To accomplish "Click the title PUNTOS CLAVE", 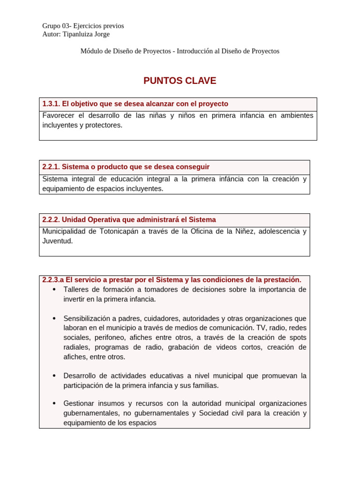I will [x=180, y=81].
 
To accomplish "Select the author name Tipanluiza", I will [x=78, y=34].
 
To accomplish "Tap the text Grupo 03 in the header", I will [x=55, y=26].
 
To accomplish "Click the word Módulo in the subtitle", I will [x=93, y=51].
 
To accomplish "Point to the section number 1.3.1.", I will [x=51, y=104].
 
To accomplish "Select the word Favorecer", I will [x=58, y=115].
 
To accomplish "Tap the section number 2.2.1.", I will [x=51, y=167].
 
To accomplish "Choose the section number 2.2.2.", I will [x=51, y=220].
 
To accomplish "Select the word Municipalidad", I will [x=64, y=231].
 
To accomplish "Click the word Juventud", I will [x=57, y=241].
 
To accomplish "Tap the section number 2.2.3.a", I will [x=53, y=280].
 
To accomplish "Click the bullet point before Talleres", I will [x=54, y=290].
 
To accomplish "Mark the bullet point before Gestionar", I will [x=54, y=404].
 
